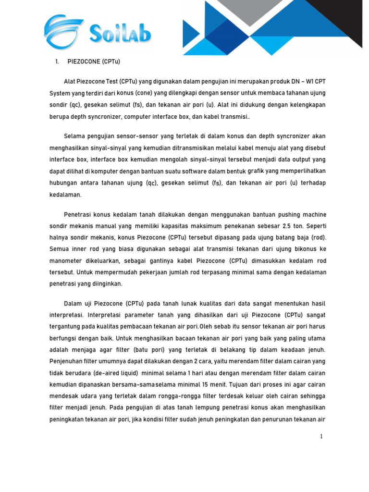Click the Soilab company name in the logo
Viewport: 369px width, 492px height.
point(120,34)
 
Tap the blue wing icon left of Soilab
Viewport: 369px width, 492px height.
point(63,32)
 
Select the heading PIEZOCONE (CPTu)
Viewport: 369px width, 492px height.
point(94,61)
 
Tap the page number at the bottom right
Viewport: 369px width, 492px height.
point(320,436)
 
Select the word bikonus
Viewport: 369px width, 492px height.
point(302,249)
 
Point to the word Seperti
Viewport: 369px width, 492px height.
point(314,226)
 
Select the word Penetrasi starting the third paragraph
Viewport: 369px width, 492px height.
point(79,214)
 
